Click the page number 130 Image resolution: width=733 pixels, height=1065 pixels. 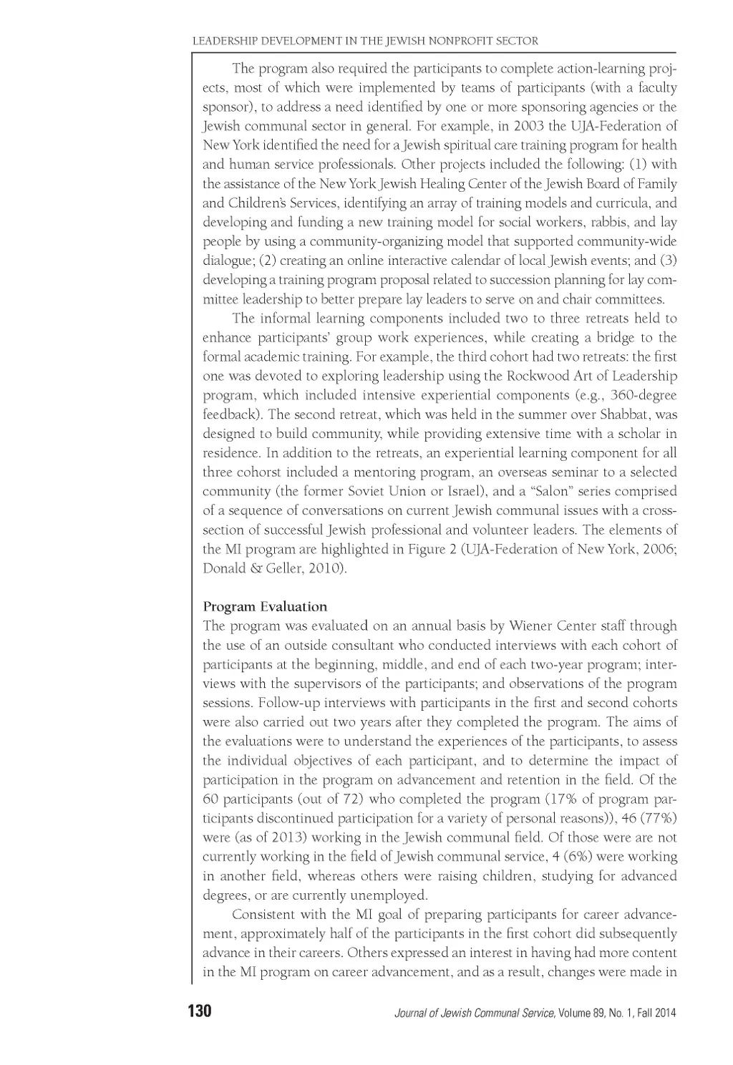(x=199, y=1011)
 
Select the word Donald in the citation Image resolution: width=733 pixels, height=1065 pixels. (x=223, y=569)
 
